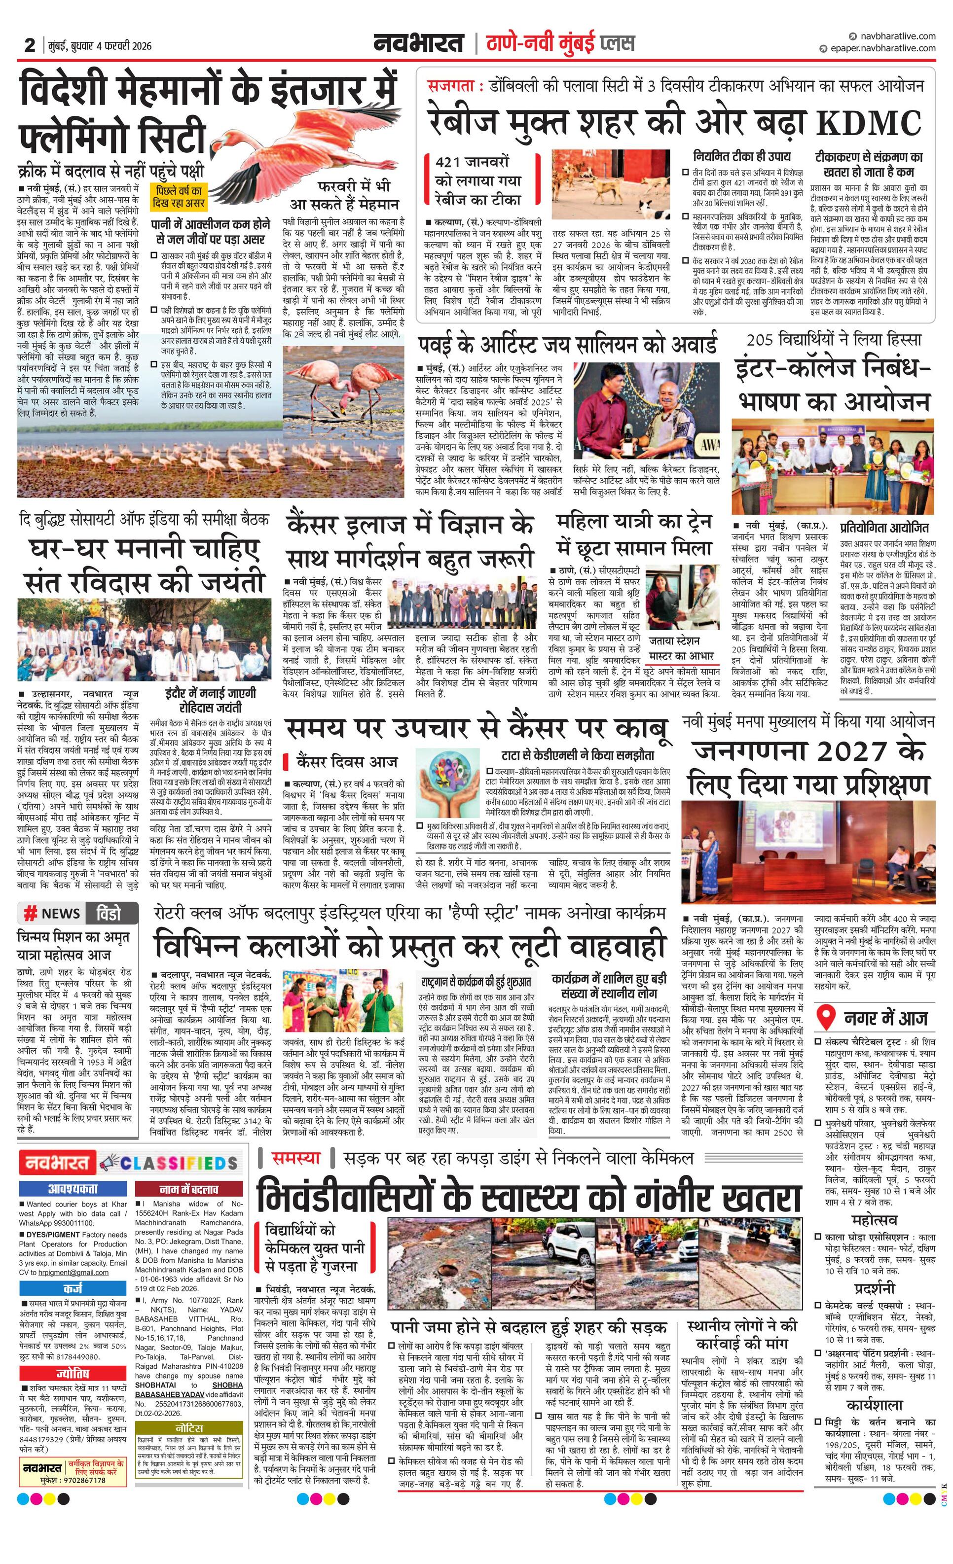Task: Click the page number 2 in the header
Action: click(x=30, y=45)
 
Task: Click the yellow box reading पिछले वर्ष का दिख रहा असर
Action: click(x=179, y=197)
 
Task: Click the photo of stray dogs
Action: click(x=611, y=183)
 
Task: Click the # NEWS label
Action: click(x=52, y=913)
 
